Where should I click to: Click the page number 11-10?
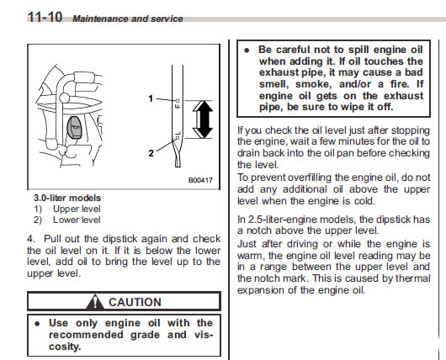point(45,17)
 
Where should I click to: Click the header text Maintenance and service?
point(128,19)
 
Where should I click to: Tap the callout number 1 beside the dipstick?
point(151,98)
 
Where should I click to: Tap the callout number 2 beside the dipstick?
point(151,153)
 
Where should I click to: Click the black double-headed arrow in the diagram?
point(203,119)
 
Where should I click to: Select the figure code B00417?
point(200,180)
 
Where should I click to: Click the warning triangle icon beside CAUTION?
point(95,302)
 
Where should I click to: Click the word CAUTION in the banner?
point(135,302)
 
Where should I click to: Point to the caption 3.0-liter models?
point(67,198)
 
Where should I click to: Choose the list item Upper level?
point(77,209)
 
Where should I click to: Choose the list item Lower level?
point(77,220)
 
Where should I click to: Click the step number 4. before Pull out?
point(31,239)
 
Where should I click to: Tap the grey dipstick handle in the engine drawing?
point(74,126)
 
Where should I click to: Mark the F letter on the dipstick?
point(178,106)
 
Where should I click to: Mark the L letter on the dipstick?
point(178,132)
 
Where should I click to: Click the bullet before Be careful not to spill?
point(247,50)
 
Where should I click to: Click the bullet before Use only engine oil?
point(37,324)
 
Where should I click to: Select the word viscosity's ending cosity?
point(65,347)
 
